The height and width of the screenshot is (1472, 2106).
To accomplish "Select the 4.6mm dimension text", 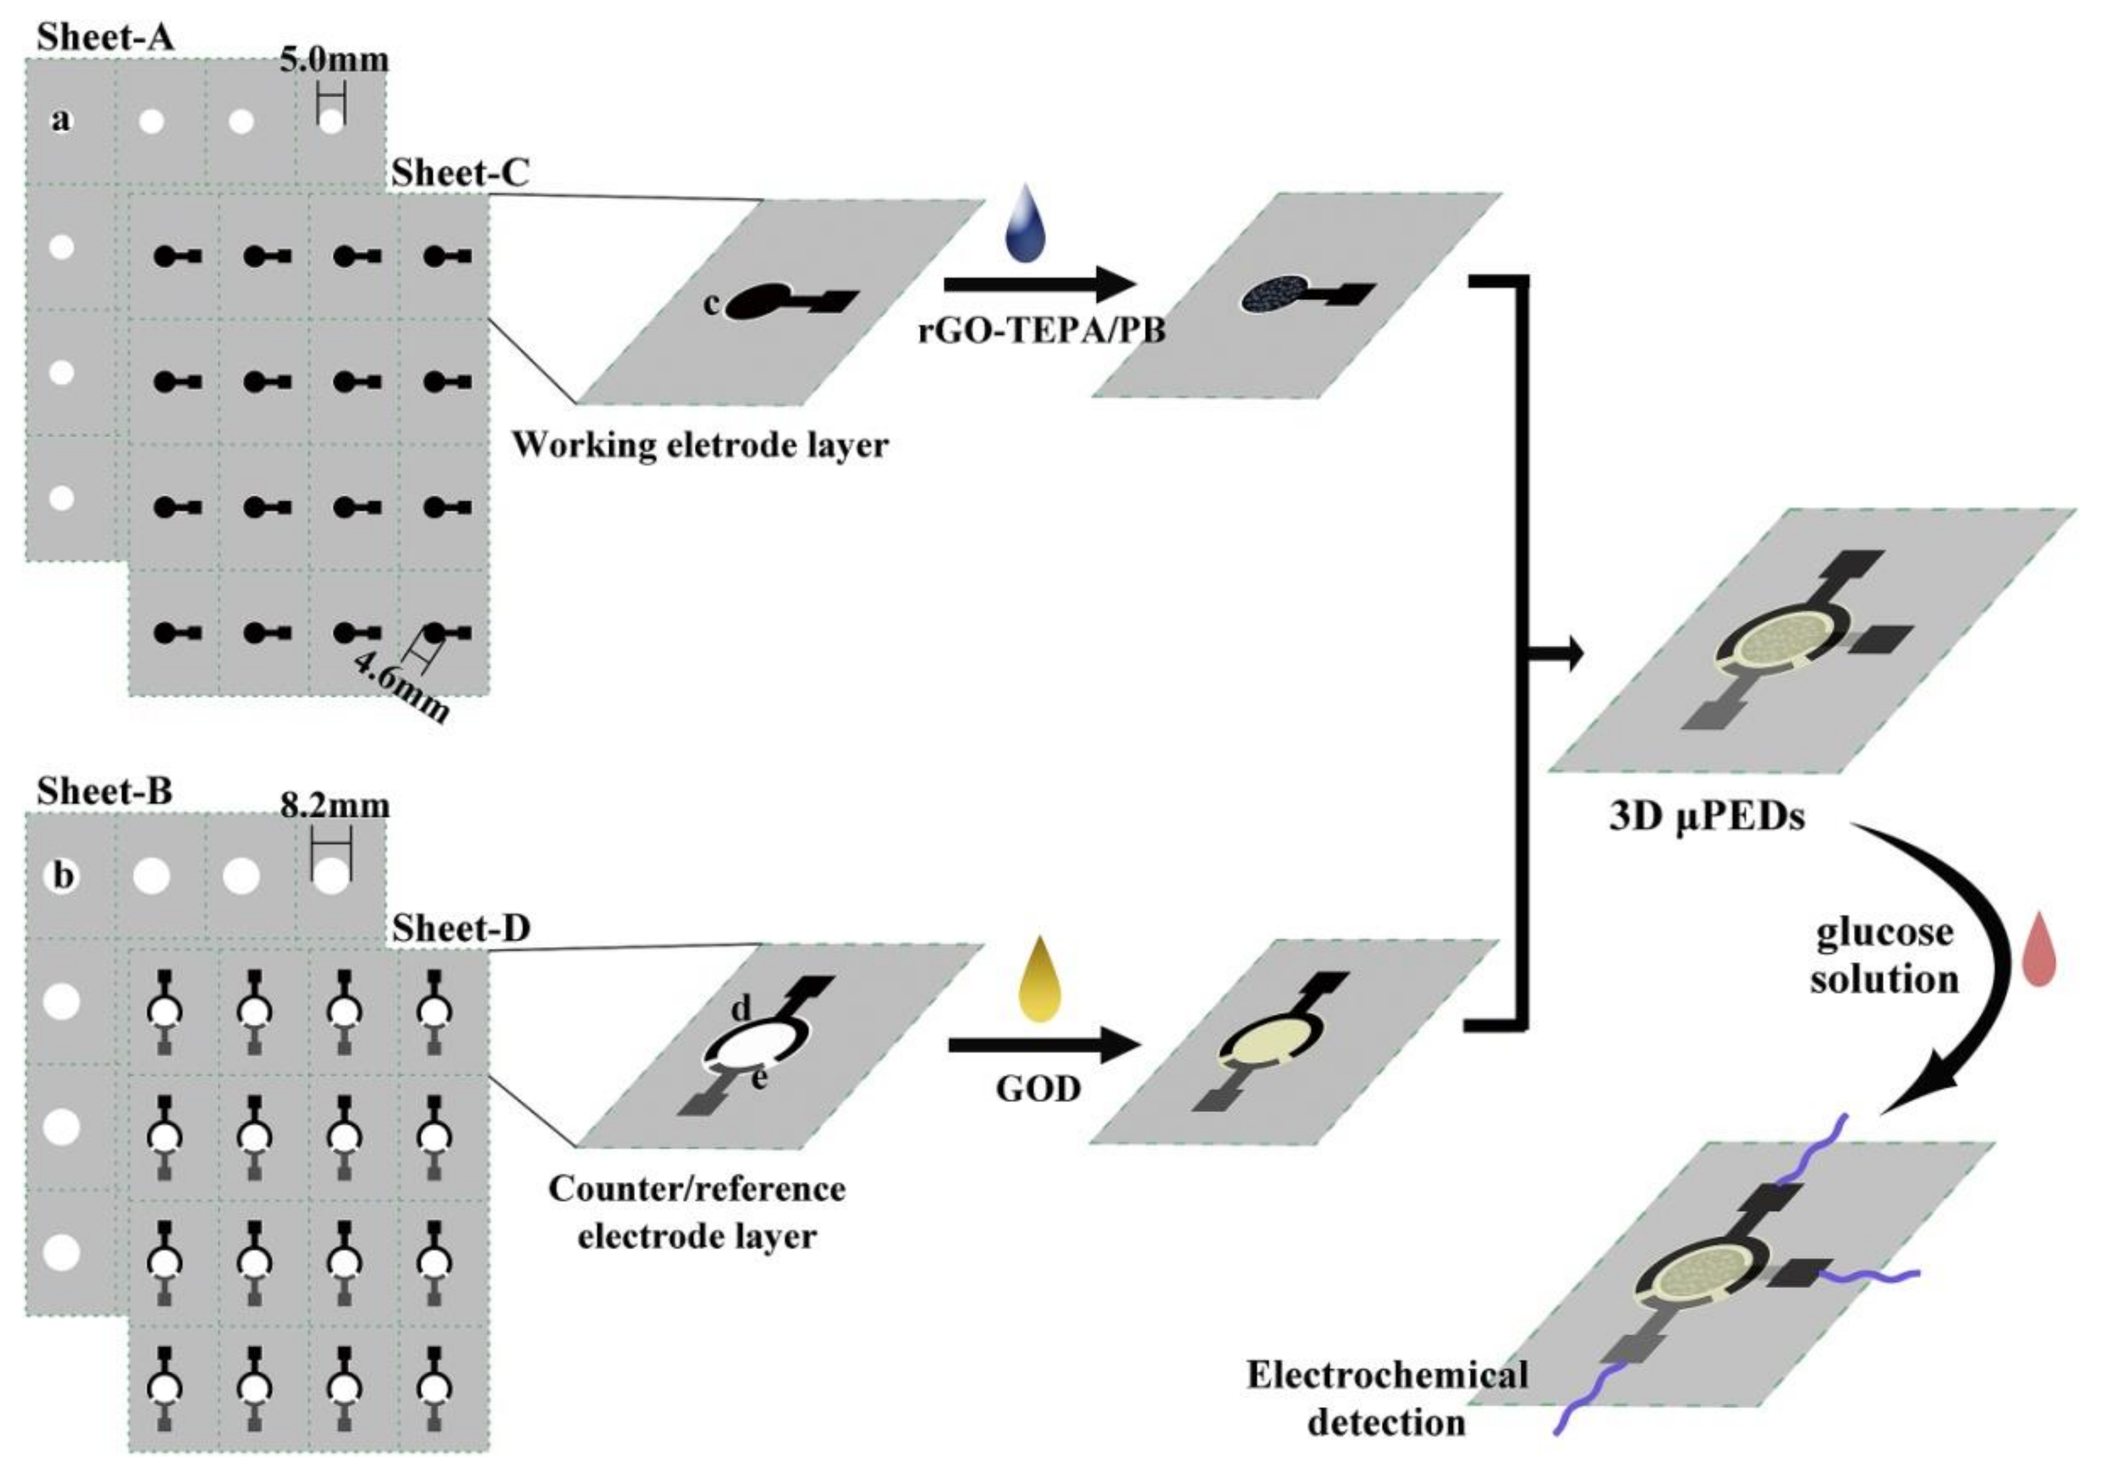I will (401, 688).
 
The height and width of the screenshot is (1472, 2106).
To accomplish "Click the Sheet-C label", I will (460, 173).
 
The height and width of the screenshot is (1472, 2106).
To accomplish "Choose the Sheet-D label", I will (462, 929).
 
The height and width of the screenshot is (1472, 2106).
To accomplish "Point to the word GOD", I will (1038, 1089).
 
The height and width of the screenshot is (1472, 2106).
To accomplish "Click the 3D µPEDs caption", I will (1707, 816).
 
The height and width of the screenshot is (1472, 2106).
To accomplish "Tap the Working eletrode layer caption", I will (700, 445).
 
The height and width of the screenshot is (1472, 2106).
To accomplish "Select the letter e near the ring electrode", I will (759, 1079).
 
